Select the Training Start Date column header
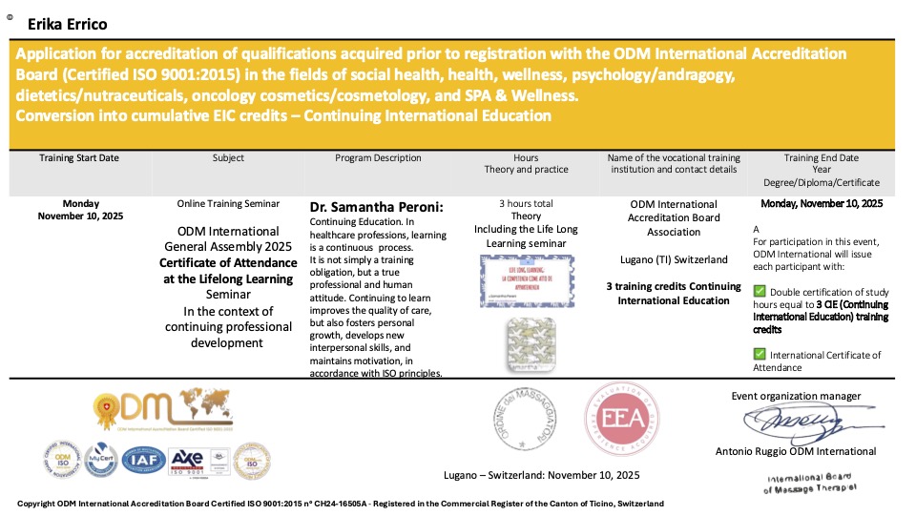click(x=79, y=158)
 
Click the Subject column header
click(x=228, y=158)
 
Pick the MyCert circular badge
click(x=100, y=462)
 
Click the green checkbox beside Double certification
click(x=760, y=291)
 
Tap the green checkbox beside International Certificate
click(x=760, y=355)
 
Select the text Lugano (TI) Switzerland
click(x=674, y=259)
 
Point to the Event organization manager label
click(x=796, y=396)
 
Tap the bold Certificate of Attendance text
click(x=228, y=262)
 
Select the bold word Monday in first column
click(x=80, y=203)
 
